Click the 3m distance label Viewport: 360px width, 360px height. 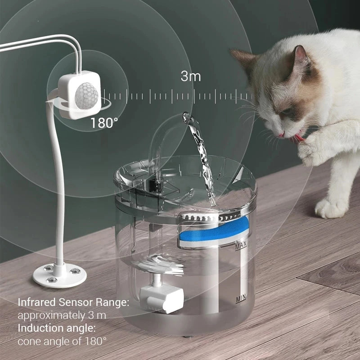point(191,76)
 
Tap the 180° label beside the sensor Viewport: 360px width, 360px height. point(105,123)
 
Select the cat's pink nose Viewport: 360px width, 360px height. point(281,134)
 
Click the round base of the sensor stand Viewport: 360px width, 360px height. point(59,274)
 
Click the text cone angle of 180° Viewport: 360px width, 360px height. point(63,341)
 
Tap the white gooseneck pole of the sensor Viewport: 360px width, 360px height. point(58,180)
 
